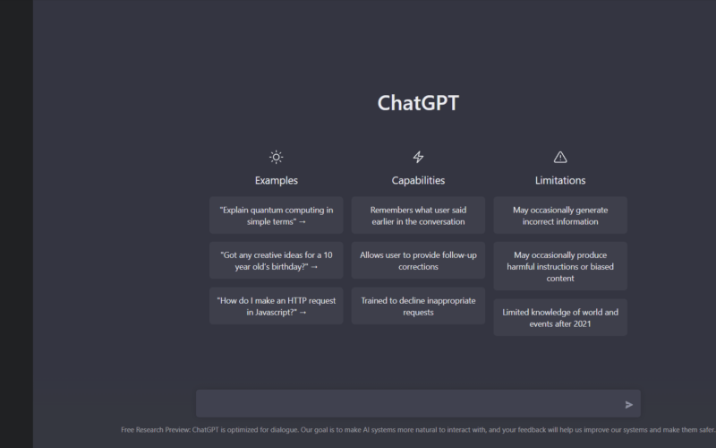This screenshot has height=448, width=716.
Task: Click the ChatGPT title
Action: coord(418,103)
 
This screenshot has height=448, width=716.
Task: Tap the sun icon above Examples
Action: coord(276,158)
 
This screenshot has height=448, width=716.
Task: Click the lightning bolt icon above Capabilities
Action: coord(418,158)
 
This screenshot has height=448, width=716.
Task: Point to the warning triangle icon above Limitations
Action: coord(560,158)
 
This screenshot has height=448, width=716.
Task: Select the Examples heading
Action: coord(277,181)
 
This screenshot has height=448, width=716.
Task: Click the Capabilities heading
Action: coord(418,181)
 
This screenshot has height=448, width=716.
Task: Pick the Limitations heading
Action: coord(560,181)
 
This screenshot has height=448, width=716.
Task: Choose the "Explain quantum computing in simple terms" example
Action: coord(277,215)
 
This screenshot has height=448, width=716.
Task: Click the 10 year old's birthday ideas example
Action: coord(277,261)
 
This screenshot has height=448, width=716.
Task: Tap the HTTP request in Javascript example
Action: coord(277,306)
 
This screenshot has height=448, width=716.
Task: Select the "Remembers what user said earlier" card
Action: coord(418,215)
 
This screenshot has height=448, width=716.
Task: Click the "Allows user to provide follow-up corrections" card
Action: coord(418,261)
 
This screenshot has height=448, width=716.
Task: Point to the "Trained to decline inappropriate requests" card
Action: coord(418,306)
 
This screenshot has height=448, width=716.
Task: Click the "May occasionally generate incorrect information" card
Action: coord(560,215)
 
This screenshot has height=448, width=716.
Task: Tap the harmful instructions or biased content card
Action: coord(560,266)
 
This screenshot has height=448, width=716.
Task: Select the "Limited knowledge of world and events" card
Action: coord(560,318)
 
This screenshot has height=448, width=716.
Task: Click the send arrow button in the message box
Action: coord(629,405)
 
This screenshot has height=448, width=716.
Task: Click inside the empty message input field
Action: coord(409,404)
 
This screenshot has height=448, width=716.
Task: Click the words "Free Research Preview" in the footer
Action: coord(155,430)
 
